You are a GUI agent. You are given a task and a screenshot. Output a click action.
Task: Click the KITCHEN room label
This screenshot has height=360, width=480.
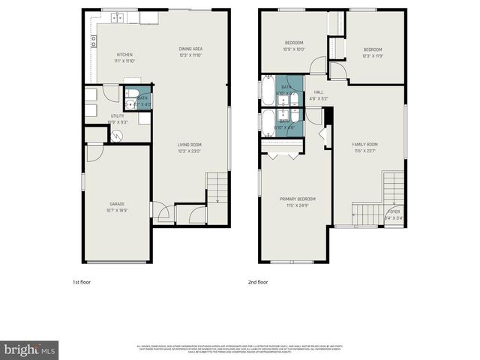[x=124, y=54]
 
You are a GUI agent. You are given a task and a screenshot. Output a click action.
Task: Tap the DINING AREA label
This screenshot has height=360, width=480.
[x=190, y=49]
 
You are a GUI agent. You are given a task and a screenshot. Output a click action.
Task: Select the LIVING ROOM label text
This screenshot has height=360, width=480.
[x=190, y=145]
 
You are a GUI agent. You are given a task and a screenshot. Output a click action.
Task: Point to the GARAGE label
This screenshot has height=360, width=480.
[x=117, y=204]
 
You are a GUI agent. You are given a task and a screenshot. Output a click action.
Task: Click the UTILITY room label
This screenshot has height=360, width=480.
[x=118, y=116]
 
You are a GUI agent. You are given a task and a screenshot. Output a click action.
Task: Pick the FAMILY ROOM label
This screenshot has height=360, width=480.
[x=365, y=144]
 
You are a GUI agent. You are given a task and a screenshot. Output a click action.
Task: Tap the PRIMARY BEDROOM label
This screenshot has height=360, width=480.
[x=294, y=199]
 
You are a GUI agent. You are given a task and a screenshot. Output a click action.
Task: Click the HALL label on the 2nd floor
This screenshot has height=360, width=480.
[x=318, y=91]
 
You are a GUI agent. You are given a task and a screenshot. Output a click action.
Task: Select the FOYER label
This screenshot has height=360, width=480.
[x=394, y=212]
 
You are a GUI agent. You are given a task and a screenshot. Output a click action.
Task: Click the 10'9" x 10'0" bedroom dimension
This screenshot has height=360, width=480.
[x=294, y=49]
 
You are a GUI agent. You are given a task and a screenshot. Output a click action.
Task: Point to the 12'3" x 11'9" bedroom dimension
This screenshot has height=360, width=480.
[x=373, y=56]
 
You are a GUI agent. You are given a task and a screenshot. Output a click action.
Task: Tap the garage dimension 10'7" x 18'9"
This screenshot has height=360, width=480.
[x=117, y=211]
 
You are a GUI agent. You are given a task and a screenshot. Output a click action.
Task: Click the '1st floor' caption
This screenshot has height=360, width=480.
[x=82, y=282]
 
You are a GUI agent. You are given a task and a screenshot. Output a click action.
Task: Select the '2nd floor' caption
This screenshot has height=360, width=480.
[x=258, y=282]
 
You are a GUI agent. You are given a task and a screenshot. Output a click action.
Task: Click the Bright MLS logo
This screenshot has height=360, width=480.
[x=30, y=349]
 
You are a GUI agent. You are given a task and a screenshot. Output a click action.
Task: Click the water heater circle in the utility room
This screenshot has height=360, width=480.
[x=118, y=135]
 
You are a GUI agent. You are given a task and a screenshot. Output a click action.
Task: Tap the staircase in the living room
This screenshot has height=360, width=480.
[x=216, y=187]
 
